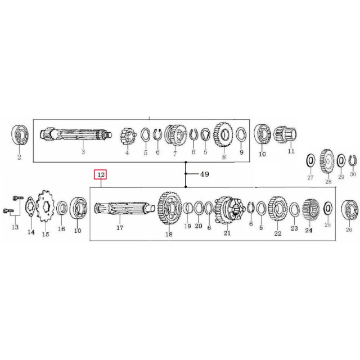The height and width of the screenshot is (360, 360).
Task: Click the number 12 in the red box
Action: click(x=101, y=175)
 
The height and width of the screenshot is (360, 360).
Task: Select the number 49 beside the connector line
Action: click(x=204, y=174)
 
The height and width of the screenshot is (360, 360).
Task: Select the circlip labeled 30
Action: click(x=353, y=161)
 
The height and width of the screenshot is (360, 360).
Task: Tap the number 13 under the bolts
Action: click(x=15, y=227)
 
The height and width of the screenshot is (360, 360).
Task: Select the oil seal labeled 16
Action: click(x=62, y=210)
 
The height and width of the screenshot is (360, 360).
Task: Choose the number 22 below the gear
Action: click(x=277, y=233)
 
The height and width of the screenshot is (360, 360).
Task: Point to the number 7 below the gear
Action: click(x=175, y=154)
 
